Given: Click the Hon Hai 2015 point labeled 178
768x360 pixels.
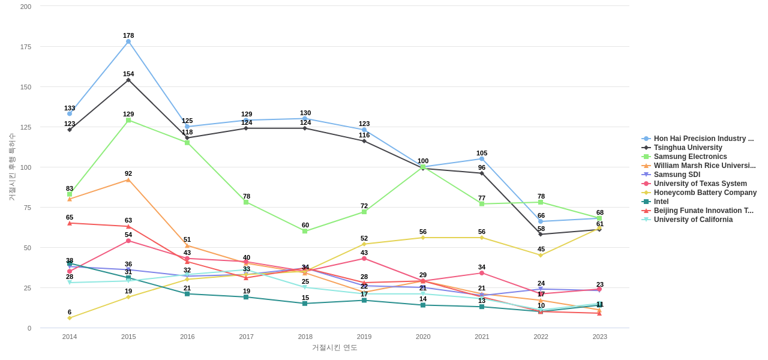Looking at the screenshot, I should pos(128,41).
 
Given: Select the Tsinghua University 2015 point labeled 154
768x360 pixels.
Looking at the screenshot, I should pos(128,80).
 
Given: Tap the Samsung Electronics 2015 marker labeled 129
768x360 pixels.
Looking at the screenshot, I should pos(128,120).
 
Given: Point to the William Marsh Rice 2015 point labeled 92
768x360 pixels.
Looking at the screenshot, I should pos(128,180).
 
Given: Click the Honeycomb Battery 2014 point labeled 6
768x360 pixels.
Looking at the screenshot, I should pos(70,318).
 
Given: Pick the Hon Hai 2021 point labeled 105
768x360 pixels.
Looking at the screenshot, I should pos(482,159).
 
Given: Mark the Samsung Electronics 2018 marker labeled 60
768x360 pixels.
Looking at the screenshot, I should pos(305,231).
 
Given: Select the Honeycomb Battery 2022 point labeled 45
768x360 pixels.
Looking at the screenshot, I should pos(541,256).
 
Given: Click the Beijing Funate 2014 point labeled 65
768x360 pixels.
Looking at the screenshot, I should pos(70,223).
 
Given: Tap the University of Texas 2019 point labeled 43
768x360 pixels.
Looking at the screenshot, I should pos(364,259).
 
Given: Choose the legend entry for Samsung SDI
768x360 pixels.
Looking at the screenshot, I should pos(676,175).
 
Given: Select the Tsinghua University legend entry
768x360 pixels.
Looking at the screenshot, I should pos(688,148).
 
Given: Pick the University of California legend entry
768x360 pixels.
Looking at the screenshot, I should pos(692,220).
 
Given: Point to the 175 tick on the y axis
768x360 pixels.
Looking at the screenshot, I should pos(25,47).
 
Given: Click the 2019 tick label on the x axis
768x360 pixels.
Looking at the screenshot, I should pos(364,337).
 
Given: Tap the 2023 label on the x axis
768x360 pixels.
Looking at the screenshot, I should pos(599,337).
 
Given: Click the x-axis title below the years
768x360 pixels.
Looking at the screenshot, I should pos(334,347).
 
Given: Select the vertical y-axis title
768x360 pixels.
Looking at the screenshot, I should pos(11,167).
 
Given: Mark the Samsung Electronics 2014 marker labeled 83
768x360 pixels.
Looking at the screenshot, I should pos(70,194).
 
